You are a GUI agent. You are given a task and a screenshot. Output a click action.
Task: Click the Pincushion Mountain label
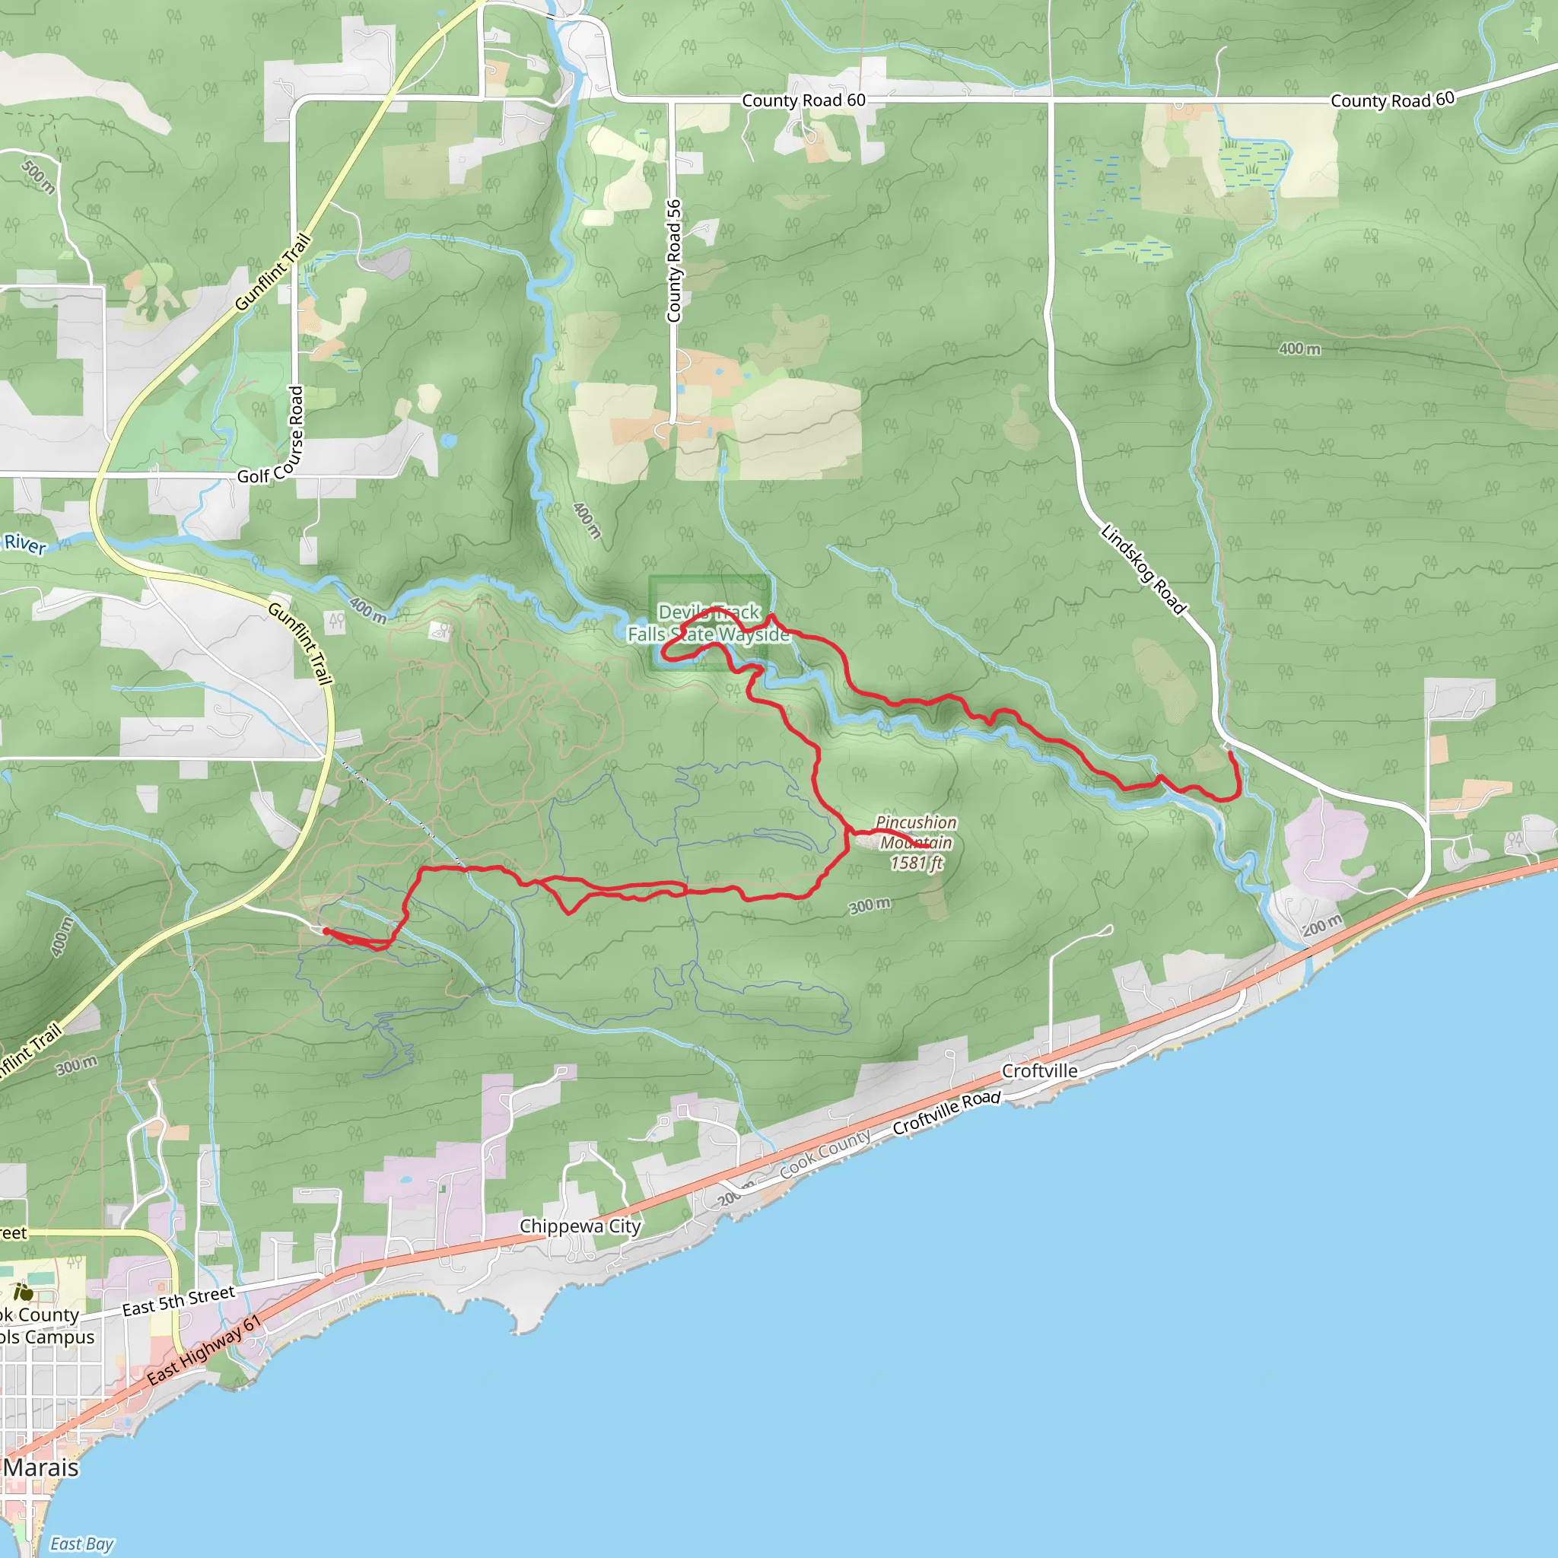(916, 832)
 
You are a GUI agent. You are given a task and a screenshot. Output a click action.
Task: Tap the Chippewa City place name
(580, 1226)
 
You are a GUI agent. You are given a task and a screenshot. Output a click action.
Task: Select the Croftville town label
(1038, 1071)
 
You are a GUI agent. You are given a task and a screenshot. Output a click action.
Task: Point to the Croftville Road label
(946, 1113)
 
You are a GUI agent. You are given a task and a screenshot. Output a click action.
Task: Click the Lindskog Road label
(1143, 569)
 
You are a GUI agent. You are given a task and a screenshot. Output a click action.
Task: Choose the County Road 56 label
(674, 260)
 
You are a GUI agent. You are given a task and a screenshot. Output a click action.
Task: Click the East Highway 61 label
(204, 1350)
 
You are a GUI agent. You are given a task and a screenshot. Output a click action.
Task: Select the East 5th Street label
(178, 1302)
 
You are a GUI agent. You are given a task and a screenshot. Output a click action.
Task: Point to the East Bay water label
(81, 1544)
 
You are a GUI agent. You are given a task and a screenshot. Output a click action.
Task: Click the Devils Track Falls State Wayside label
(709, 623)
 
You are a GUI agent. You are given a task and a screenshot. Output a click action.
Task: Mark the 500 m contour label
(38, 176)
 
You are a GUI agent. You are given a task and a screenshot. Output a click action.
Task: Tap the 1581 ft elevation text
(916, 863)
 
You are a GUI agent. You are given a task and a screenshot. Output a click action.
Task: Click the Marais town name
(41, 1467)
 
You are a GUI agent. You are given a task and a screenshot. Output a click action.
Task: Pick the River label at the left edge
(25, 545)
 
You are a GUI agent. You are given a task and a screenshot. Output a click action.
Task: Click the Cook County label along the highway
(825, 1153)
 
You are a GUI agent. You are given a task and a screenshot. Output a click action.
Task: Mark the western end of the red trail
(326, 931)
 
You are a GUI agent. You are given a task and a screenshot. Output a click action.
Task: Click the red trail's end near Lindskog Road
(1229, 752)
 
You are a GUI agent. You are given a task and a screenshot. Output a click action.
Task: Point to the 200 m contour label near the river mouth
(1322, 926)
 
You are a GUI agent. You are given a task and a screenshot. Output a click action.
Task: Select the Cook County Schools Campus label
(44, 1326)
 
